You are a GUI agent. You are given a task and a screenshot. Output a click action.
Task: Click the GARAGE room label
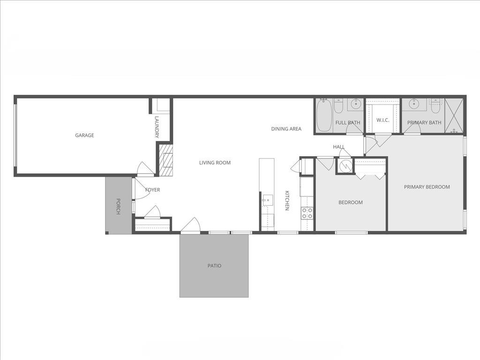(84, 135)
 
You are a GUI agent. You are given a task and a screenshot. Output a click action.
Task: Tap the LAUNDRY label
(157, 127)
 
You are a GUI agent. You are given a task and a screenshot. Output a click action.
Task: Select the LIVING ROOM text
(215, 163)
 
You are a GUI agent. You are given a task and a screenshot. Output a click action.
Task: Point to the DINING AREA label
(286, 129)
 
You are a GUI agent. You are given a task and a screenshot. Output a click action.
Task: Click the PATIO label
(214, 266)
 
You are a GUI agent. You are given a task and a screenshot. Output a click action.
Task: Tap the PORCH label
(118, 207)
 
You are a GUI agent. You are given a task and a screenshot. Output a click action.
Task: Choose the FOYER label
(152, 190)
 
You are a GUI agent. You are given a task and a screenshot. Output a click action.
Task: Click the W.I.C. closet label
(383, 120)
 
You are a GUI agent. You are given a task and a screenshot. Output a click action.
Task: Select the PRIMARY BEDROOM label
(427, 187)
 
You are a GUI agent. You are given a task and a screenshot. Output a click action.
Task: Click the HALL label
(339, 147)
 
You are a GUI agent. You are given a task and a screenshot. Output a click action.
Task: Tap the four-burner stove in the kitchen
(307, 213)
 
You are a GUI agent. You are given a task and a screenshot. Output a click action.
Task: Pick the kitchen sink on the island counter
(267, 200)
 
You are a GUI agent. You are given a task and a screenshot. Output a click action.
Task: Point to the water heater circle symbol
(345, 165)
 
